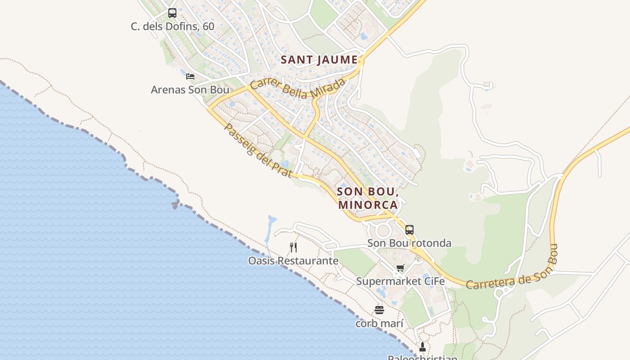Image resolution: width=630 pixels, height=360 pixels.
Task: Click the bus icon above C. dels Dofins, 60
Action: point(172,13)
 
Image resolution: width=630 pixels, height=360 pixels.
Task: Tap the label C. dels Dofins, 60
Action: point(172,27)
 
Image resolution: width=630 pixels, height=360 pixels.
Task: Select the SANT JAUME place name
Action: point(319,59)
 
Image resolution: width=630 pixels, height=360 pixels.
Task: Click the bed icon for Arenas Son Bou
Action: point(190,76)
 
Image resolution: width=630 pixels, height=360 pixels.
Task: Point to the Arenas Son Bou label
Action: point(190,90)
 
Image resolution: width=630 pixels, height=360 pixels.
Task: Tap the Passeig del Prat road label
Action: point(258,150)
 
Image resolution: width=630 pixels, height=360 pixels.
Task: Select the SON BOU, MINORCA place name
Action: point(368,198)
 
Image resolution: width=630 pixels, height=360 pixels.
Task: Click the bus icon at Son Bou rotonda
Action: point(409,229)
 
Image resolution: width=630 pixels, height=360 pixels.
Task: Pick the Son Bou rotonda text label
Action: point(409,243)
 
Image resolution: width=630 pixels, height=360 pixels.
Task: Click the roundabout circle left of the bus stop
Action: point(383,231)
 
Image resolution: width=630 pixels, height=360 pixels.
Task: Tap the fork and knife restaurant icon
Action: point(293,247)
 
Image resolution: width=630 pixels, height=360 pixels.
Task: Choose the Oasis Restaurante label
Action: point(293,261)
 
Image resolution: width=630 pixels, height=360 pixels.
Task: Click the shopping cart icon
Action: point(400,268)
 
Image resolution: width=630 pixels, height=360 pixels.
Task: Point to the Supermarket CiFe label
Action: point(400,281)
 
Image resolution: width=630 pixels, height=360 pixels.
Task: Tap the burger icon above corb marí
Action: point(379,310)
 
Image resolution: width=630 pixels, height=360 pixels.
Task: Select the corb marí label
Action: point(379,323)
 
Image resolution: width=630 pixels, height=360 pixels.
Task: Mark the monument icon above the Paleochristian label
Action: point(422,346)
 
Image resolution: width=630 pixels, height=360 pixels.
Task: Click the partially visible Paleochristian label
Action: point(423,357)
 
